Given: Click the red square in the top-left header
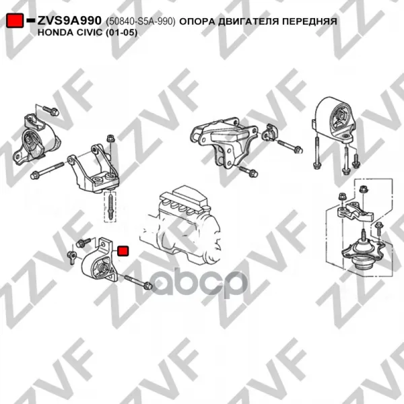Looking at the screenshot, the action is (x=15, y=20).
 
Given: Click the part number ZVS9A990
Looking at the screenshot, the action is (x=69, y=21).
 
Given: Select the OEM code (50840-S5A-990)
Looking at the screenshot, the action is (x=141, y=22).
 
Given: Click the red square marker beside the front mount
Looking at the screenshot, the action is (x=123, y=251).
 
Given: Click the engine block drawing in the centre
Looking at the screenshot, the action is (x=180, y=224).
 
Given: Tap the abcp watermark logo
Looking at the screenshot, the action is (x=199, y=283).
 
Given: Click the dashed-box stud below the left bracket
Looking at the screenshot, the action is (x=110, y=207).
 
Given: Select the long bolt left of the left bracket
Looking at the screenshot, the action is (x=47, y=170).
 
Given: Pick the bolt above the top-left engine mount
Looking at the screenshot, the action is (x=50, y=110).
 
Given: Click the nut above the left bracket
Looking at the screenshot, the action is (x=110, y=138).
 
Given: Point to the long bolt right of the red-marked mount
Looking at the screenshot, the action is (x=138, y=282).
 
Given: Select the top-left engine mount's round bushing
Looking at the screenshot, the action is (x=30, y=141).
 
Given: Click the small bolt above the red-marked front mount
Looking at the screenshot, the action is (x=83, y=242).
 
